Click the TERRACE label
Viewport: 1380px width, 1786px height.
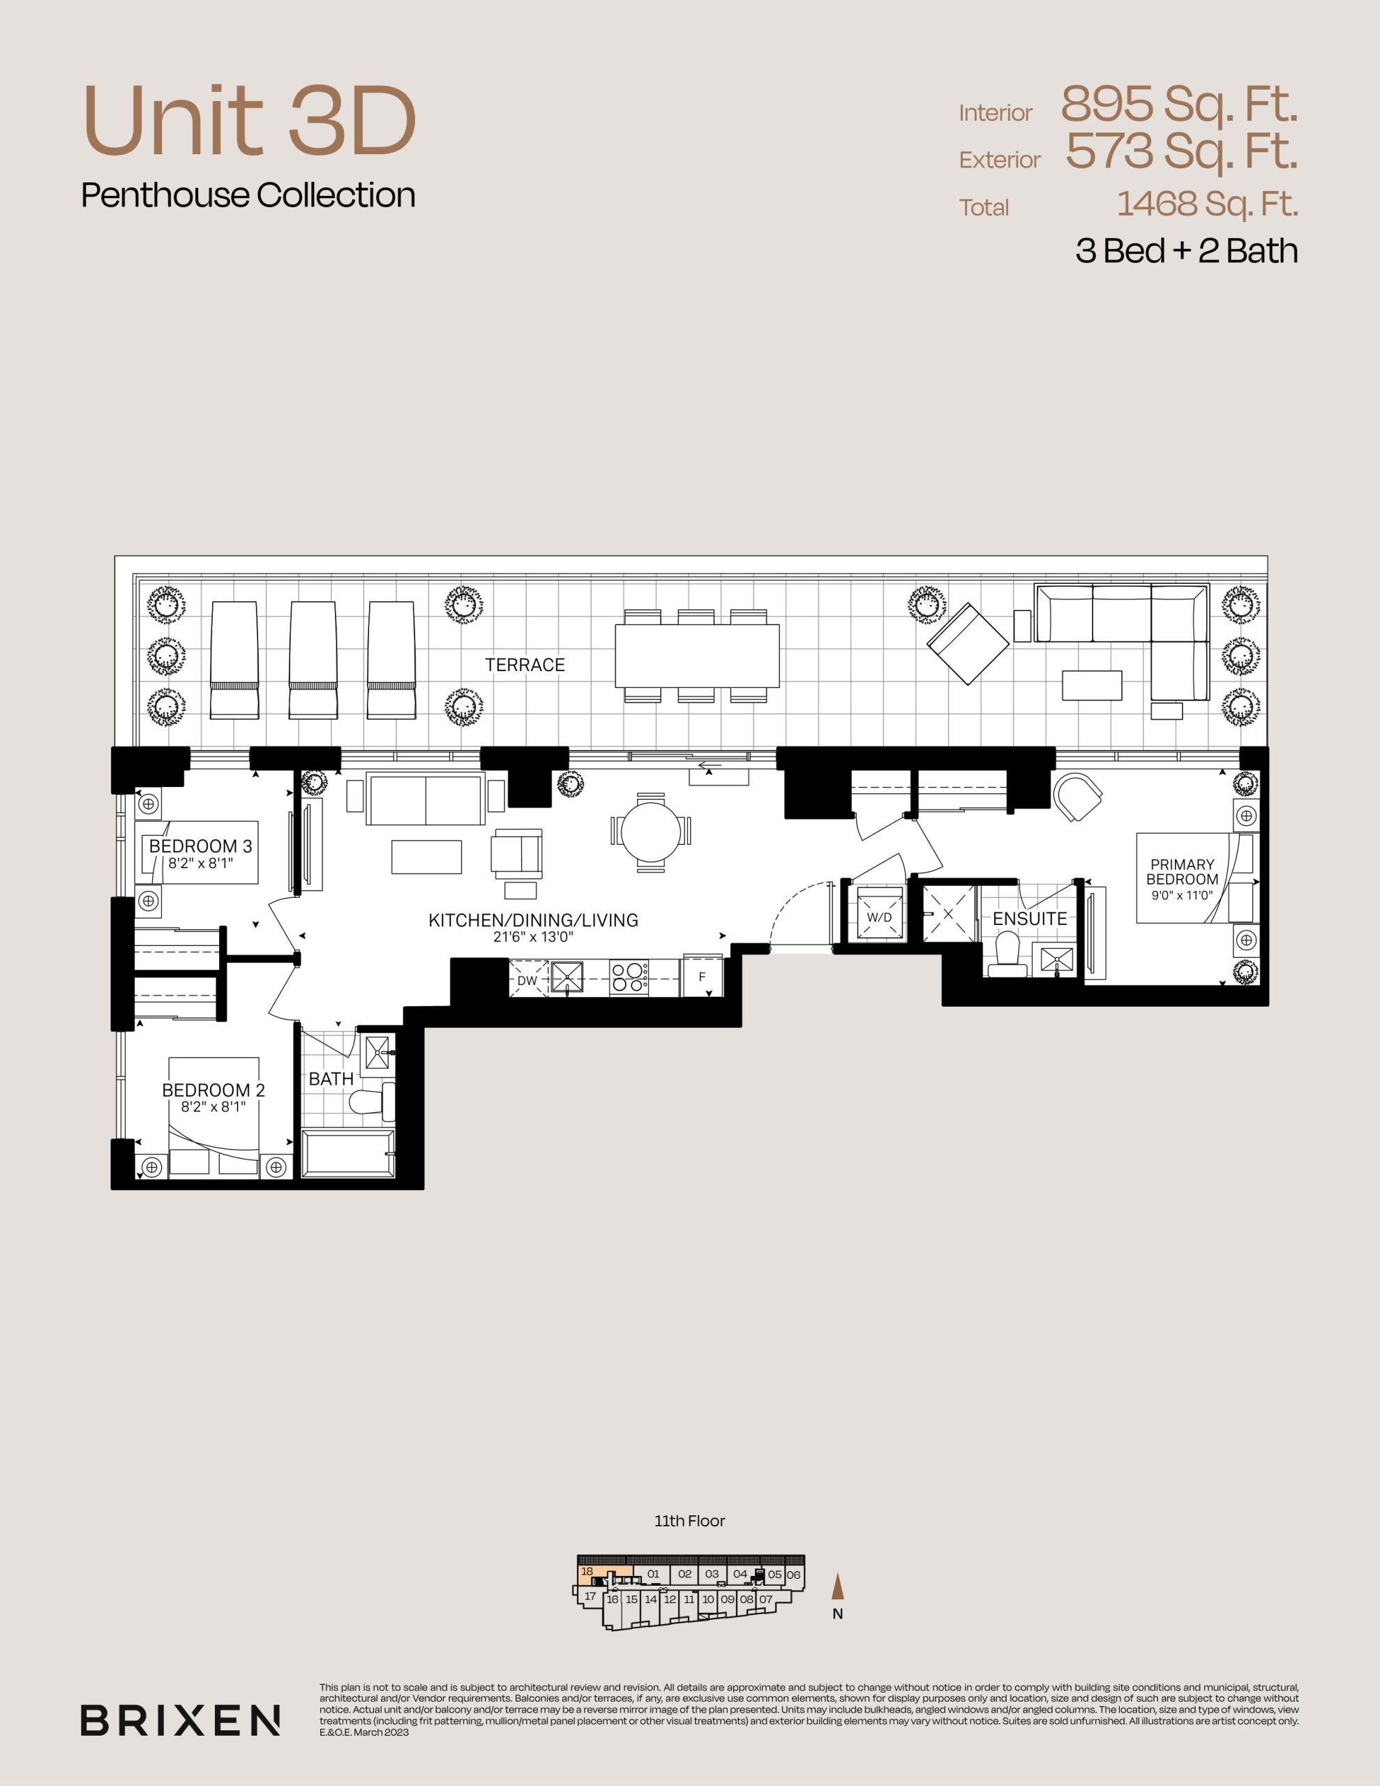(x=525, y=665)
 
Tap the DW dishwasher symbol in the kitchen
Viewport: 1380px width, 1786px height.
(x=528, y=980)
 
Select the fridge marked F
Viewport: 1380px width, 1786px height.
(x=703, y=977)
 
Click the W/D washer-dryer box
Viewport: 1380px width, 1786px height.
(x=879, y=917)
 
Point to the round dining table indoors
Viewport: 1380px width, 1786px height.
(x=650, y=831)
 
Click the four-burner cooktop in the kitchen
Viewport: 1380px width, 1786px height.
(x=628, y=978)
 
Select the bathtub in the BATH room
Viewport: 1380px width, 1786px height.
(x=347, y=1154)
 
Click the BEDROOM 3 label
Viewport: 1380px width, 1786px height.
(x=200, y=846)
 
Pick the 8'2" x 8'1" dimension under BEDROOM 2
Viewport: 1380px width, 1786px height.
(x=213, y=1107)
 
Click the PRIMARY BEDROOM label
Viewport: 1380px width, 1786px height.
(x=1182, y=872)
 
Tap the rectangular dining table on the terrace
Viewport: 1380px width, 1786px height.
(x=697, y=656)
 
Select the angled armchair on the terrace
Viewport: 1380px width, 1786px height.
(x=968, y=645)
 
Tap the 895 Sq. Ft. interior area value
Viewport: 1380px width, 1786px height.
(x=1179, y=105)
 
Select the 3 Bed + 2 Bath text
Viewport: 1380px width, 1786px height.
(x=1186, y=250)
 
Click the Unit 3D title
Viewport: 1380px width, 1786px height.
(x=250, y=120)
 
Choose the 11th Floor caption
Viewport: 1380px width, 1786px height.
(x=689, y=1521)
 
